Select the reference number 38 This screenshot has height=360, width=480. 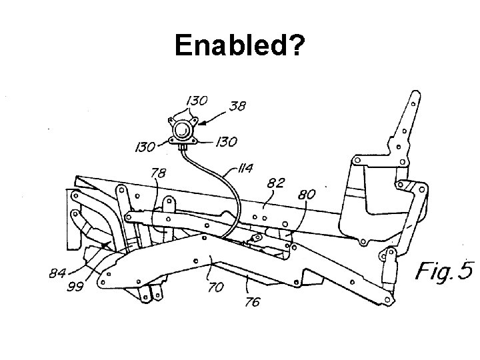[239, 105]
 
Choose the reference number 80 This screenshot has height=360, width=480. [307, 195]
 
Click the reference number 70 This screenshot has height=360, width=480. [215, 288]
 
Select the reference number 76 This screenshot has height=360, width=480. [253, 301]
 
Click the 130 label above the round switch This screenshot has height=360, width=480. [195, 100]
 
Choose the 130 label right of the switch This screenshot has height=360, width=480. [227, 141]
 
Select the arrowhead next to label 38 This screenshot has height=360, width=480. [199, 123]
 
